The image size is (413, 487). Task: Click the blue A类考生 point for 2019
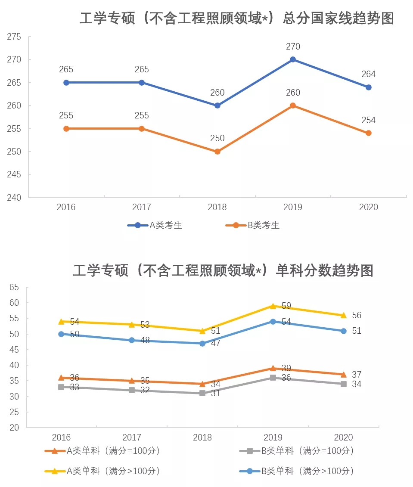pyautogui.click(x=293, y=59)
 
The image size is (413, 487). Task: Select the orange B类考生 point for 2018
pyautogui.click(x=217, y=152)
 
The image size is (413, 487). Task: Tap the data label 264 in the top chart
pyautogui.click(x=368, y=74)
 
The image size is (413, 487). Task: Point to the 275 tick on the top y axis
pyautogui.click(x=14, y=37)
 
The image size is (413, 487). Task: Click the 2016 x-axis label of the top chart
pyautogui.click(x=66, y=207)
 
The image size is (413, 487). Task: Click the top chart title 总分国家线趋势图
pyautogui.click(x=237, y=19)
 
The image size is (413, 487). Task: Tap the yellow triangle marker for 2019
pyautogui.click(x=273, y=306)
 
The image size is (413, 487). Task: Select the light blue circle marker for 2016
pyautogui.click(x=61, y=334)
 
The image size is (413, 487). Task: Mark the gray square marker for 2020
pyautogui.click(x=344, y=384)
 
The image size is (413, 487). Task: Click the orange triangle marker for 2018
pyautogui.click(x=202, y=384)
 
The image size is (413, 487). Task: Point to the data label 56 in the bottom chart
pyautogui.click(x=356, y=315)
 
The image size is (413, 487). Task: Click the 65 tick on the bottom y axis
pyautogui.click(x=14, y=287)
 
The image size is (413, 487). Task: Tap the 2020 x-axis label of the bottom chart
pyautogui.click(x=343, y=437)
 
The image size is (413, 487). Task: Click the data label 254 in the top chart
pyautogui.click(x=368, y=120)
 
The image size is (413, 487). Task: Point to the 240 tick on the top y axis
pyautogui.click(x=14, y=198)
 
